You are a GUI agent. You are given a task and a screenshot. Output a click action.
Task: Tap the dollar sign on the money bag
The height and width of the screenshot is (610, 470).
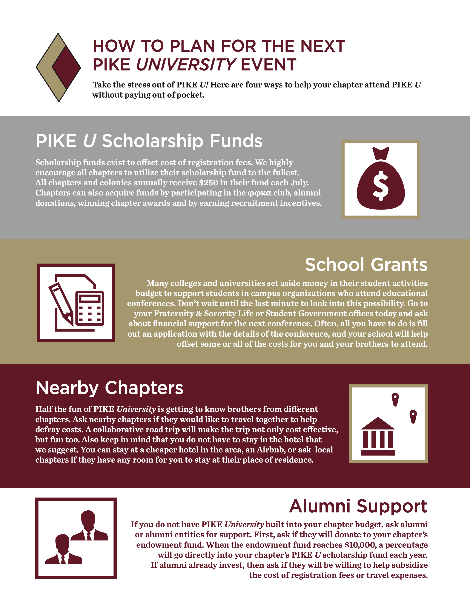click(381, 186)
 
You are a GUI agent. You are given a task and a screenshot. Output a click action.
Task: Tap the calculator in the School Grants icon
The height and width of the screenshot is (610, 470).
click(90, 308)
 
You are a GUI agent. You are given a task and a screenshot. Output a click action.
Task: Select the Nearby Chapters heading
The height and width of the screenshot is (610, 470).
click(109, 388)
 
